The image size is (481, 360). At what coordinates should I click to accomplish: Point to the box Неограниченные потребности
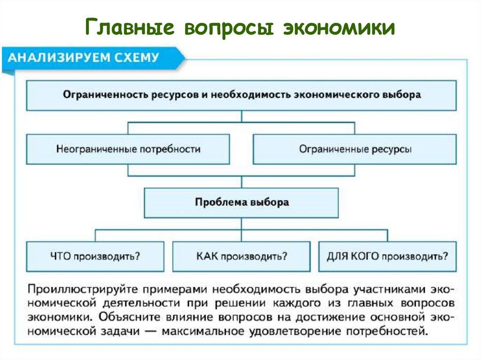(x=128, y=149)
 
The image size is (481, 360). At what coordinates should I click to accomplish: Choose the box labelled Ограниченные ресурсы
(x=355, y=149)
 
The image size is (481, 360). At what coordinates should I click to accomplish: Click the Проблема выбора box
(x=241, y=203)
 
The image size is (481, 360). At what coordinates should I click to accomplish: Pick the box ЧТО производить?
(x=95, y=256)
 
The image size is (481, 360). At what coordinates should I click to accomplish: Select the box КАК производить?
(x=241, y=256)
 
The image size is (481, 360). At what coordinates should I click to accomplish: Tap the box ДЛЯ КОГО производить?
(x=387, y=256)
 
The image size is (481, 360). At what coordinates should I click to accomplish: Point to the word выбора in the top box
(x=404, y=94)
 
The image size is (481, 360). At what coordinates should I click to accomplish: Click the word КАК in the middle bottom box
(x=207, y=256)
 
